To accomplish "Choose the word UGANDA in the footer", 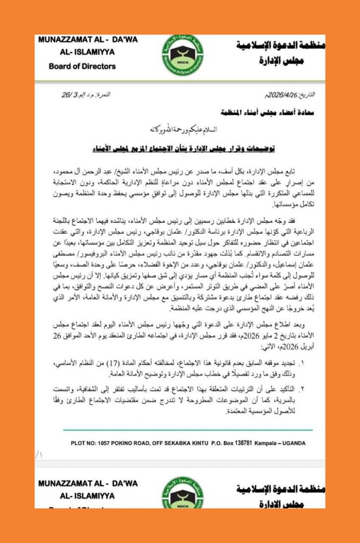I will coord(293,443).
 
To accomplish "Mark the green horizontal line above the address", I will coord(188,430).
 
